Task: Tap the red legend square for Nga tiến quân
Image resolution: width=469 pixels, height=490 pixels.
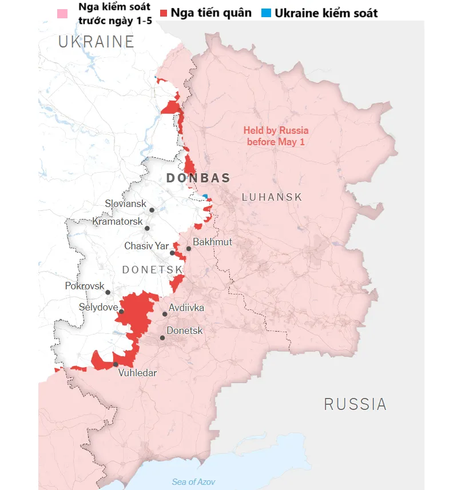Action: coord(164,13)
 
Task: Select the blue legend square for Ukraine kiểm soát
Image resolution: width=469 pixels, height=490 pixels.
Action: coord(266,13)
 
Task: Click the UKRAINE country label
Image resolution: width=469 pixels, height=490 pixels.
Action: coord(96,42)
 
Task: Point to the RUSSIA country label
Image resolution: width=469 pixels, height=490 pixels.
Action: coord(355,404)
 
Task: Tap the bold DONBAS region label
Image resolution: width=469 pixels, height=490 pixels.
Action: coord(198,178)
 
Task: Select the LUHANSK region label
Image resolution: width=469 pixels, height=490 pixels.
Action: coord(272,197)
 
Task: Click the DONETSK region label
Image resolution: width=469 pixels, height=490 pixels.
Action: coord(152,269)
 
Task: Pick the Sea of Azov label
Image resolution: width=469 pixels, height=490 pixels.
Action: coord(194,481)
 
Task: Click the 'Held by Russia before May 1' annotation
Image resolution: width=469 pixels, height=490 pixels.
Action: coord(276,136)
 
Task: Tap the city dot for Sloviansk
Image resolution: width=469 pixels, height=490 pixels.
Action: coord(152,210)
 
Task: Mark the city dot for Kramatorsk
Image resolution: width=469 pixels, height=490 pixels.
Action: coord(147,228)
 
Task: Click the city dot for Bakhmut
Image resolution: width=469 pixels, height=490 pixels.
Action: coord(189,249)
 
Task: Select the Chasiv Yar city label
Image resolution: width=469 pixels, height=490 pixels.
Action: coord(146,246)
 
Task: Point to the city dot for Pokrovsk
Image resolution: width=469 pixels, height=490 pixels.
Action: coord(108,292)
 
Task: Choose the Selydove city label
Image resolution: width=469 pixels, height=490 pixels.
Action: coord(98,308)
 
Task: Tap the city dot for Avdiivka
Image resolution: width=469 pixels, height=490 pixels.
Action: coord(165,314)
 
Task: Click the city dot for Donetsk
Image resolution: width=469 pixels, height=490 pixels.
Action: coord(162,338)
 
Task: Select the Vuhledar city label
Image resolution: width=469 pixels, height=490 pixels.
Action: coord(137,373)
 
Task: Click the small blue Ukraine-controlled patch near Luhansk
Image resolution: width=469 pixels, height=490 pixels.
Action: coord(205,197)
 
